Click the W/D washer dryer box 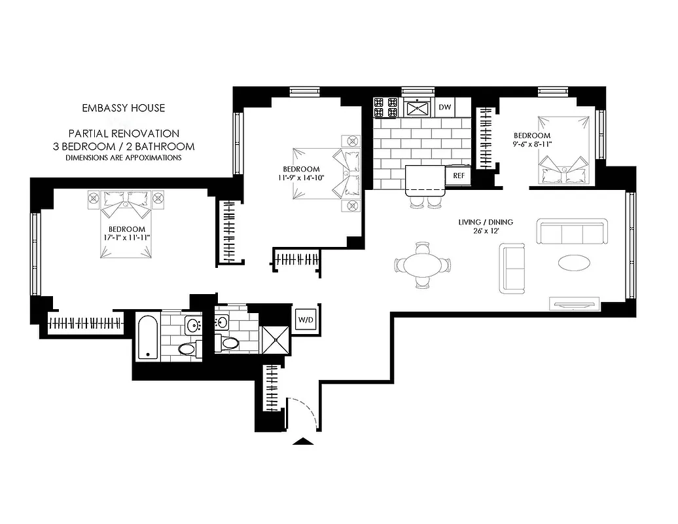tap(305, 320)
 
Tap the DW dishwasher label tap(445, 107)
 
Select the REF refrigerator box tap(458, 176)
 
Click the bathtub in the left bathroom tap(147, 337)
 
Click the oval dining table tap(423, 265)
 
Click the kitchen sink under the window tap(416, 107)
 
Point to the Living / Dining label tap(485, 222)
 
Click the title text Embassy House tap(123, 108)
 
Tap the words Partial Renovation tap(124, 133)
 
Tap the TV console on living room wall tap(575, 303)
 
